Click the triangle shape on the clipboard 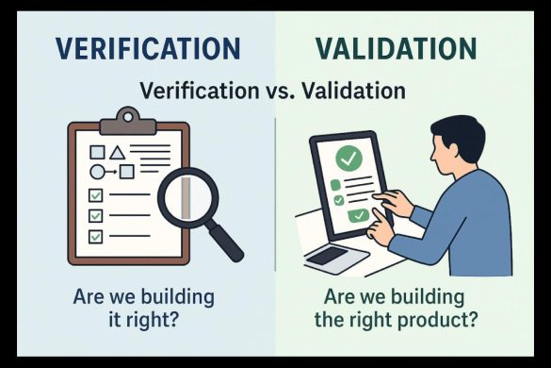click(118, 151)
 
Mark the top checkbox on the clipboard click(95, 195)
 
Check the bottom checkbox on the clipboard click(95, 235)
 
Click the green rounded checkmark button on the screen click(358, 216)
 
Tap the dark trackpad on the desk click(326, 255)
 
